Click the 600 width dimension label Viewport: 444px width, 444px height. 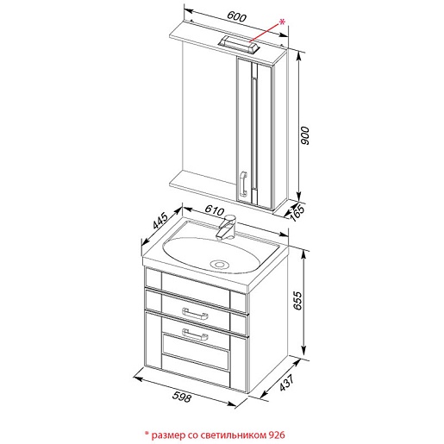[236, 16]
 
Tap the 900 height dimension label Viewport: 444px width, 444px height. [304, 135]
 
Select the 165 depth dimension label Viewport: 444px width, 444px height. [297, 213]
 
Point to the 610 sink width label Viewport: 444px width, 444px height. [215, 210]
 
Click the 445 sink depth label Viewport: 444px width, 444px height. [160, 221]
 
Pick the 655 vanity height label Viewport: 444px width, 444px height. [298, 301]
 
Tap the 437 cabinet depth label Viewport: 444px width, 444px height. [287, 383]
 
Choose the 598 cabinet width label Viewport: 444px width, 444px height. [182, 397]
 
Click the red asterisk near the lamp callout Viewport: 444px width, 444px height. [282, 22]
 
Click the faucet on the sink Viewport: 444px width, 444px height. [227, 227]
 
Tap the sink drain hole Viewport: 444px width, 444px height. [219, 264]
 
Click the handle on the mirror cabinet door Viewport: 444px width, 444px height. [243, 184]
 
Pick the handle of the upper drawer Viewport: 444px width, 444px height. [195, 314]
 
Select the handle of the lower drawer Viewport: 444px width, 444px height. [195, 335]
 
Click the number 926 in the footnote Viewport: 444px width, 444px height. [277, 435]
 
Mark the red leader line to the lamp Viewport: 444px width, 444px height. [265, 33]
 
